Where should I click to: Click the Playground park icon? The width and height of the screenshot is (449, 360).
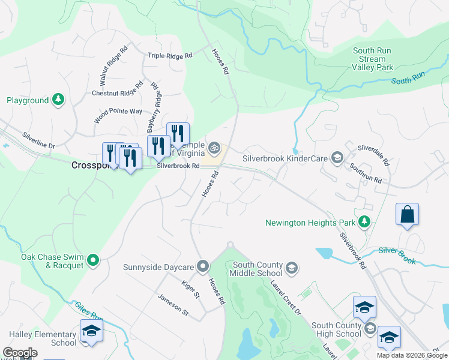tap(58, 100)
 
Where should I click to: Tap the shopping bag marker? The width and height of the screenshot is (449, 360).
tap(407, 215)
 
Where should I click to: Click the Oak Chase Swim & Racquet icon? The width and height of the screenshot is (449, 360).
tap(92, 260)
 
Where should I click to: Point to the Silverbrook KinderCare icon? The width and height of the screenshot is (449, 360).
tap(337, 158)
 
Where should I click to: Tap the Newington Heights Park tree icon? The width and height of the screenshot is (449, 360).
tap(363, 222)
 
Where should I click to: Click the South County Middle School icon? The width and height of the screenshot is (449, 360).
tap(292, 268)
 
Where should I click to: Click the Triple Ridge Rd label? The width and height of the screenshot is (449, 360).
tap(170, 56)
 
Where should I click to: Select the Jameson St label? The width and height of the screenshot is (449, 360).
tap(173, 304)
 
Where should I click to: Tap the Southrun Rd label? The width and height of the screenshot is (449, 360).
tap(366, 175)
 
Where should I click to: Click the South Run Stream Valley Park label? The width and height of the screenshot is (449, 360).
tap(373, 59)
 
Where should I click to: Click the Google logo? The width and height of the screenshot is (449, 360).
tap(20, 353)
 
